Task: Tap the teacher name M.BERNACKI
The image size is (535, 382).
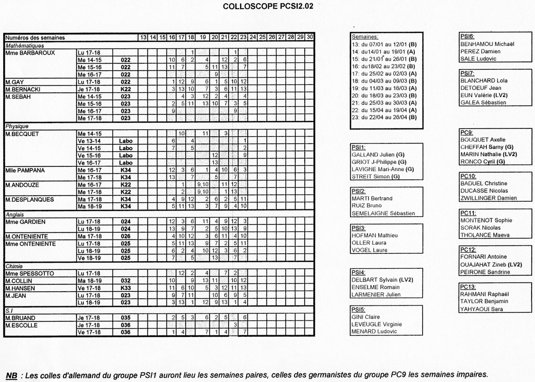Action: coord(22,89)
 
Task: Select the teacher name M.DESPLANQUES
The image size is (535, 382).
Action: coord(29,200)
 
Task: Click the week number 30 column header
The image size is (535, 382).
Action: coord(310,37)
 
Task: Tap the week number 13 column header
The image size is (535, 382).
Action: coord(142,37)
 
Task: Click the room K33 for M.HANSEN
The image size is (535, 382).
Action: coord(126,288)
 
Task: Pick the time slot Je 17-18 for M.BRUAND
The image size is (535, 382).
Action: coord(89,317)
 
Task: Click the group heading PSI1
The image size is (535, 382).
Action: coord(358,147)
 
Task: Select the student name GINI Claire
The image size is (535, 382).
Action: coord(366,317)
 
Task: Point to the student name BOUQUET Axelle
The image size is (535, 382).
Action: coord(482,140)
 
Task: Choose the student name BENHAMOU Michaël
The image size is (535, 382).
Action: coord(487,44)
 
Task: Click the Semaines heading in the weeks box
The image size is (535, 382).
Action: coord(365,37)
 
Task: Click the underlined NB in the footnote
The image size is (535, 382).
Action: coord(11,375)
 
